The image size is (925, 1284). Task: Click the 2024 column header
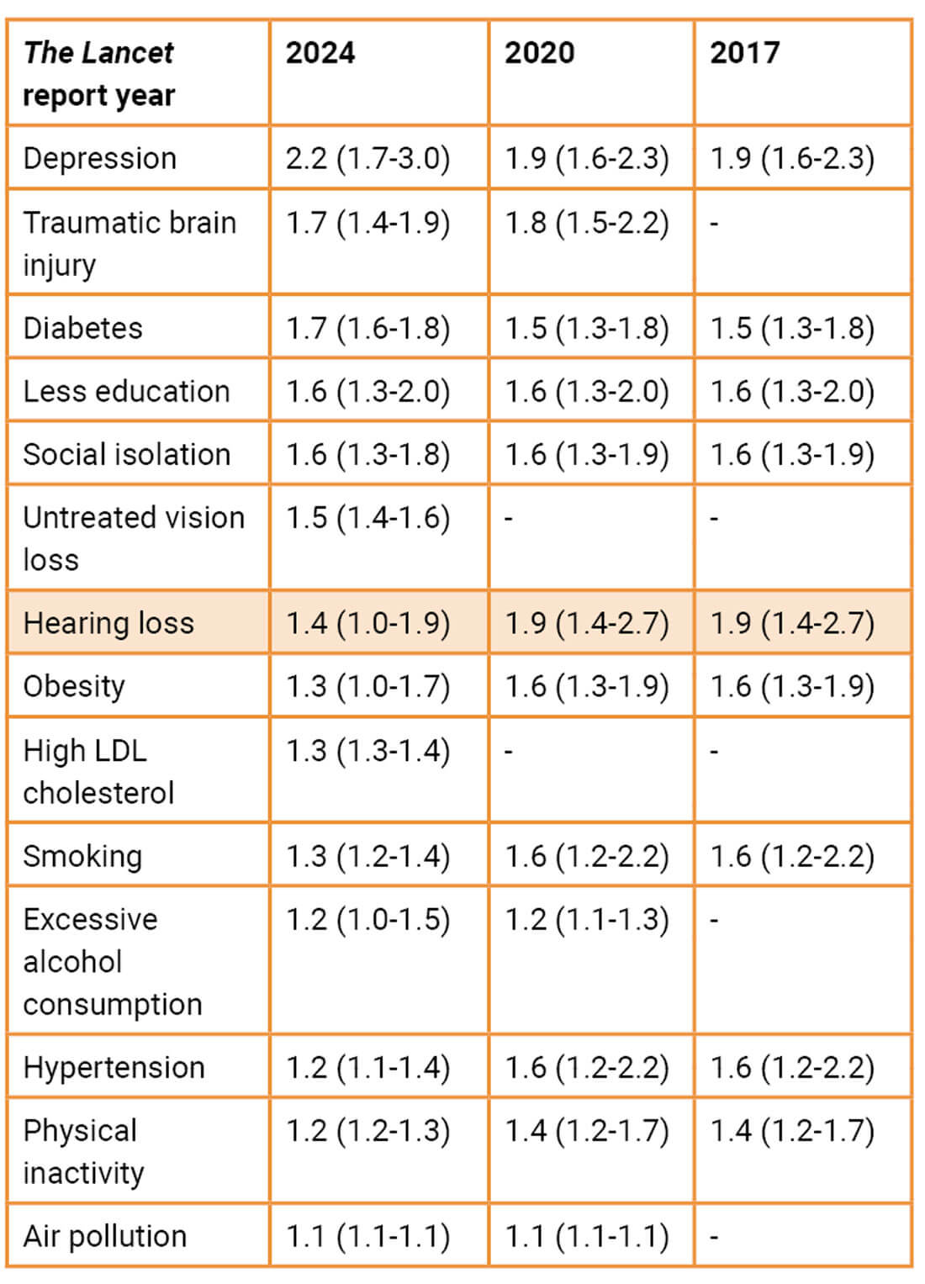coord(320,53)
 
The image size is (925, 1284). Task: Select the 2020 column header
coord(539,53)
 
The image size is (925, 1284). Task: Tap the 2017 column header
coord(744,53)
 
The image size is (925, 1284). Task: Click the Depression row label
coord(100,158)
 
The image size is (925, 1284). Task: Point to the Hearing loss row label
coord(108,623)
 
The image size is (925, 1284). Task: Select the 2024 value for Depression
coord(367,158)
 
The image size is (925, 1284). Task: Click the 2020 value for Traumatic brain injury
coord(587,223)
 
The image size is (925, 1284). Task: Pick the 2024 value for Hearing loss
coord(367,623)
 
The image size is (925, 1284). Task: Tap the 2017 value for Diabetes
coord(792,328)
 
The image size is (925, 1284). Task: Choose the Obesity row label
coord(74,686)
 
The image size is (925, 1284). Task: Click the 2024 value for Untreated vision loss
coord(367,518)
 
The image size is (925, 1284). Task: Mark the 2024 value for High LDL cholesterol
coord(367,750)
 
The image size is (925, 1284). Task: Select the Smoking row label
coord(82,856)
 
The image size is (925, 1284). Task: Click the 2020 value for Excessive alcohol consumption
coord(587,920)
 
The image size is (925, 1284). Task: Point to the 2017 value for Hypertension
coord(792,1067)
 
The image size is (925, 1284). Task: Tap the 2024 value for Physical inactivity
coord(367,1131)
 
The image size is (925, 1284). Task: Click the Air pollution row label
coord(105,1236)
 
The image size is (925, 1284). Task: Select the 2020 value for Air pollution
coord(587,1236)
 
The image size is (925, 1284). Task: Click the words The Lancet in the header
coord(98,53)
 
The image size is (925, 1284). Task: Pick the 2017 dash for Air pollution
coord(714,1237)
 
